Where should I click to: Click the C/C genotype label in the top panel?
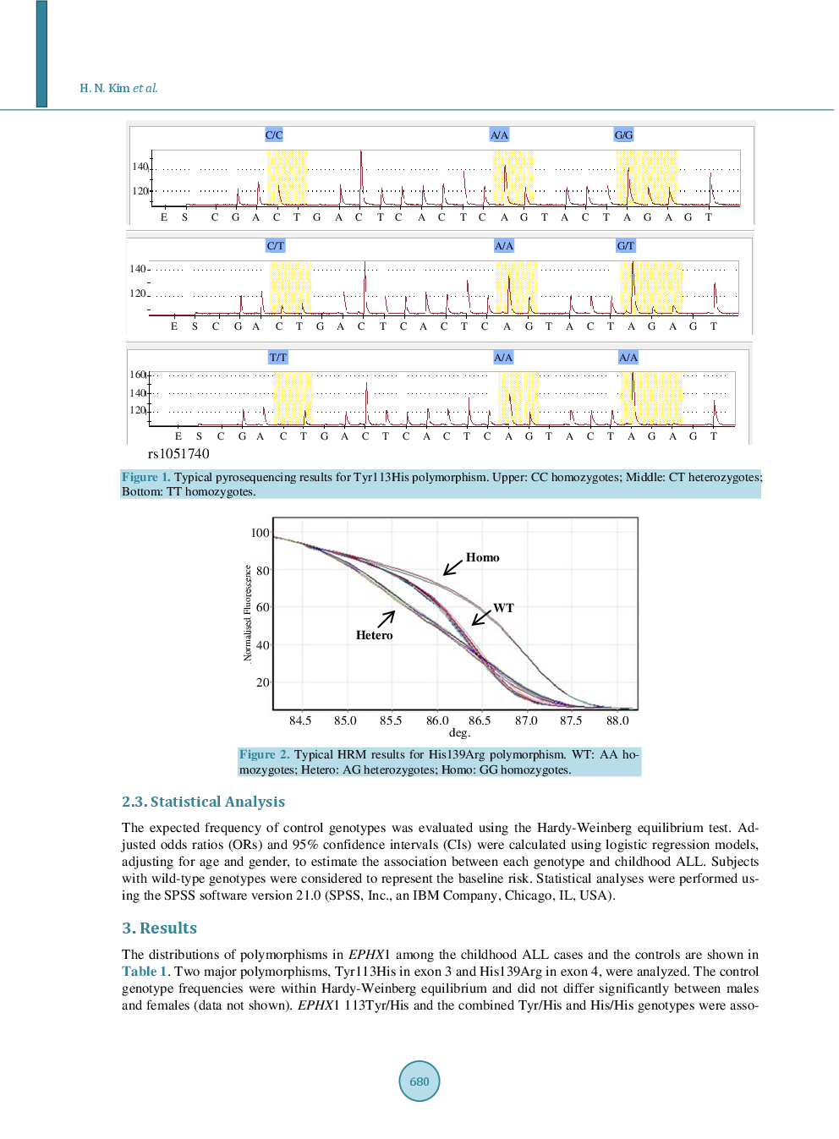point(274,135)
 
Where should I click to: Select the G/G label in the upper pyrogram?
point(623,135)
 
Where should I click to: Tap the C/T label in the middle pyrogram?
point(276,246)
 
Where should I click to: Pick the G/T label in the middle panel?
point(625,246)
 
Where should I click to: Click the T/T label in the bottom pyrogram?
point(278,358)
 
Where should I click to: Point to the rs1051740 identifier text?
point(178,454)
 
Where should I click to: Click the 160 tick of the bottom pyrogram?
point(137,375)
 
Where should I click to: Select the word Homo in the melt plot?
point(482,557)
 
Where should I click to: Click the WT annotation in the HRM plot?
point(503,608)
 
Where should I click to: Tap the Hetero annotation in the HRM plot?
point(374,635)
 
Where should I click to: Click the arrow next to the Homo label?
point(453,567)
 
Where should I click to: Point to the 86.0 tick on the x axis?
point(437,720)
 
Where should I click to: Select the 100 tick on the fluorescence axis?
point(260,533)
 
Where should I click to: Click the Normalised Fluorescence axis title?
point(248,613)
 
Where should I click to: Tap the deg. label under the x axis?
point(459,732)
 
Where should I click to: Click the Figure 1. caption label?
point(145,477)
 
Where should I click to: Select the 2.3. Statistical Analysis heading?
point(203,802)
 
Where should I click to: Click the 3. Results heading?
point(159,928)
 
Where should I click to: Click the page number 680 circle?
point(419,1081)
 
